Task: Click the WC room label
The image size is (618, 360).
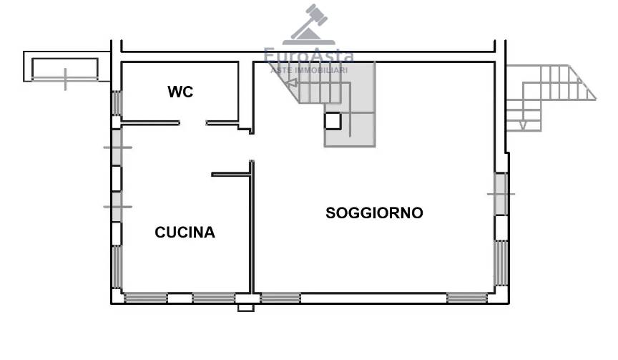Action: point(180,92)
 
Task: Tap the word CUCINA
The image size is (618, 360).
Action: point(185,232)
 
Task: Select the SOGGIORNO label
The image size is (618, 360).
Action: point(374,213)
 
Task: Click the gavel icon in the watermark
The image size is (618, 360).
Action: point(309,24)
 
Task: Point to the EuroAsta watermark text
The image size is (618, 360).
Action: point(308,56)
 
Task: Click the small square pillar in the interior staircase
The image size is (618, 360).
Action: point(333,121)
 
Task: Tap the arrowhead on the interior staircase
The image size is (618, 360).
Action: point(291,83)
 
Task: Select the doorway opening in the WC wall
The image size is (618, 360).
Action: point(192,123)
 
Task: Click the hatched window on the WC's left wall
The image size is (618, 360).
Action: point(117,103)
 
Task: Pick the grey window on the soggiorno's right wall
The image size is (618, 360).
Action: point(501,194)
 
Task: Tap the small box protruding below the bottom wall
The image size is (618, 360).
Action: point(245,308)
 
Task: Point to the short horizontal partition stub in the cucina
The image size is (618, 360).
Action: point(230,175)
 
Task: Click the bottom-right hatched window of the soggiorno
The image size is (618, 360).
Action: point(467,298)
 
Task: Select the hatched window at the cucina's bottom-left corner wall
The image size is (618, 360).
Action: point(117,267)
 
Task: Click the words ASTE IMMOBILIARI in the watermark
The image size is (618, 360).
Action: point(308,70)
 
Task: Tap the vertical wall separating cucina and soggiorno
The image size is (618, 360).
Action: point(252,227)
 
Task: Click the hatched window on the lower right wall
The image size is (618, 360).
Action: point(501,263)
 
